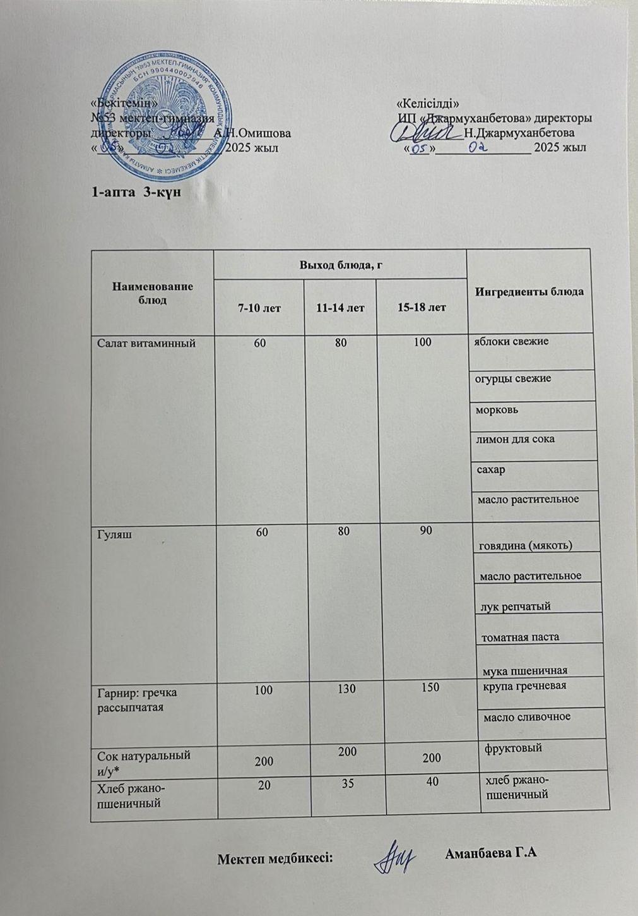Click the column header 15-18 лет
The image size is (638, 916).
click(x=422, y=308)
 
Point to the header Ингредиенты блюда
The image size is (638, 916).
click(x=529, y=292)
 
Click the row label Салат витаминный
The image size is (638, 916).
click(x=146, y=343)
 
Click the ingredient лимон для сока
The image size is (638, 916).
click(x=515, y=438)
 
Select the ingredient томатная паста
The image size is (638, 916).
click(x=520, y=637)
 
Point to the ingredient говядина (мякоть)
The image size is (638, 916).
click(x=526, y=545)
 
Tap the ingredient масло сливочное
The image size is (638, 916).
click(x=526, y=716)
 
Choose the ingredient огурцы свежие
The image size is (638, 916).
click(x=513, y=378)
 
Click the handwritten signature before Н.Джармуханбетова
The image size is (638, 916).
click(x=424, y=132)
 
